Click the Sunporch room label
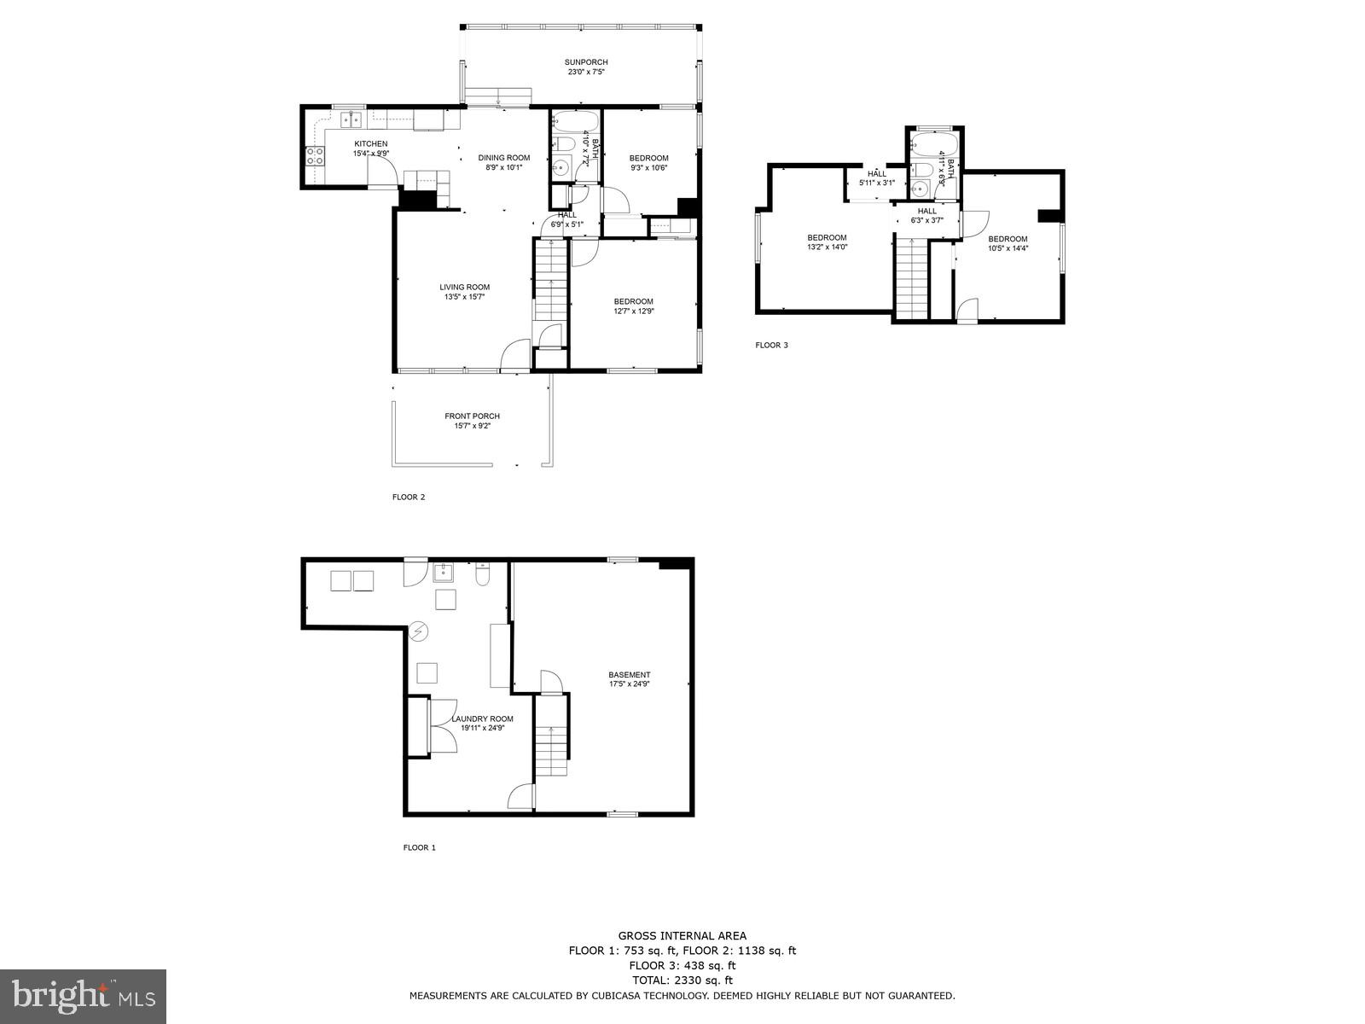coord(586,62)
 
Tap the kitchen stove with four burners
coord(315,156)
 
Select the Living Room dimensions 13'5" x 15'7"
coord(464,298)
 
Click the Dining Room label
coord(503,158)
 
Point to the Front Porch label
coord(472,416)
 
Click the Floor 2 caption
coord(408,497)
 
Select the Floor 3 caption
coord(771,346)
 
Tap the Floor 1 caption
coord(419,847)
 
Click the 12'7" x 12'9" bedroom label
coord(633,301)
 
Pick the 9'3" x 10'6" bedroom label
coord(648,158)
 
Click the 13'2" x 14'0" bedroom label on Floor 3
coord(827,238)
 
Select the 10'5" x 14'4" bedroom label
coord(1008,240)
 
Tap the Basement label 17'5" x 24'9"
coord(630,675)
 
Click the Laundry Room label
coord(482,719)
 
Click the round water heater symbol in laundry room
coord(419,631)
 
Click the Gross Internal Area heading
coord(682,936)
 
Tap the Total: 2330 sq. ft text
coord(682,980)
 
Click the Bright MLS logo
coord(83,995)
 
